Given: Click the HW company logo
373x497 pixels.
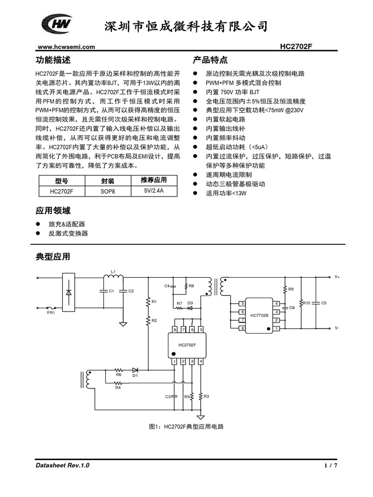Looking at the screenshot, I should (x=57, y=23).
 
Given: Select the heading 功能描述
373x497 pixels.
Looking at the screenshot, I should (x=53, y=60).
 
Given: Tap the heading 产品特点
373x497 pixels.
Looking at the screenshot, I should (x=210, y=60).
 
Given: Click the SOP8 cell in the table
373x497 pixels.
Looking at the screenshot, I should (x=108, y=191).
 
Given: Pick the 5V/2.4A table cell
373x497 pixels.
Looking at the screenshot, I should (x=153, y=191).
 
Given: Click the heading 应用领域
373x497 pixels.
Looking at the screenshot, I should (x=53, y=211).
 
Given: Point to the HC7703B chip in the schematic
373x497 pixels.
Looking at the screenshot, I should (x=259, y=316).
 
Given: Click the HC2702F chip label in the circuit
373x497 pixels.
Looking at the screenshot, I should (x=187, y=345).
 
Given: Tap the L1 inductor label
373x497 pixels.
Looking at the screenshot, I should (x=113, y=271).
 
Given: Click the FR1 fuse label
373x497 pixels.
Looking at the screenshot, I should (x=51, y=313).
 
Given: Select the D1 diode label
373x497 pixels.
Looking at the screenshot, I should (x=135, y=375).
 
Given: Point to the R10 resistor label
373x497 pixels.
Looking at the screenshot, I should (x=306, y=303).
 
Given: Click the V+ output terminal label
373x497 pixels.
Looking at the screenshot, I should (x=337, y=277).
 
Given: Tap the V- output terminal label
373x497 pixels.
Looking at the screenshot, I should (x=337, y=328).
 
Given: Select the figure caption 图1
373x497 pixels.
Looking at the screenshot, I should (x=186, y=427).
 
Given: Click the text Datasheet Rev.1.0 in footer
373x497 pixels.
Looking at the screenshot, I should (x=63, y=465).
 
